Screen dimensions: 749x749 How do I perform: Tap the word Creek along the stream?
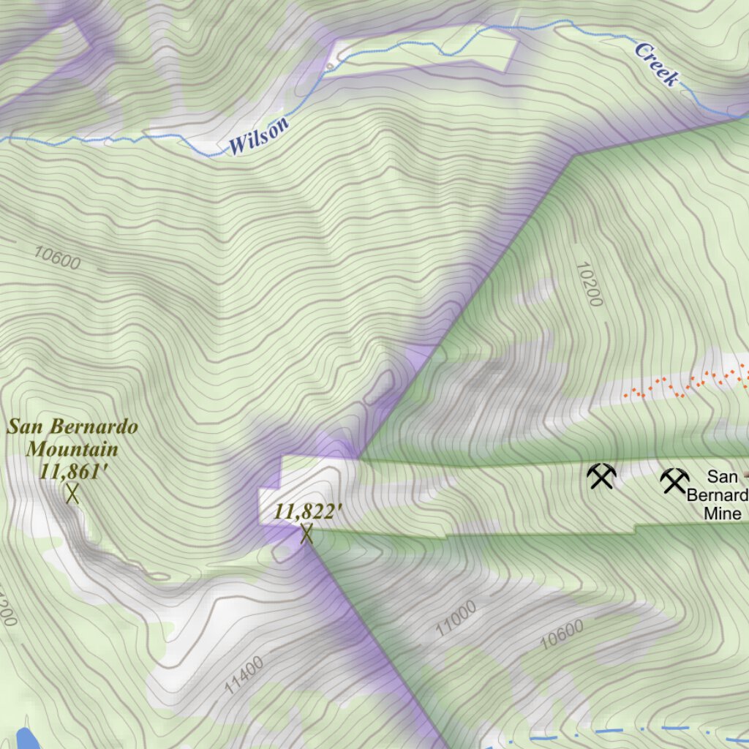coord(656,64)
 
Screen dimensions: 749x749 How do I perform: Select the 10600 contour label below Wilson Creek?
coord(57,257)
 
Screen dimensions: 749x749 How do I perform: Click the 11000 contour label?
coord(456,617)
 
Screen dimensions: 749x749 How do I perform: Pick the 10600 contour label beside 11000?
coord(562,634)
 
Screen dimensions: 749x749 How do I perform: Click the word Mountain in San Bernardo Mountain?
coord(72,448)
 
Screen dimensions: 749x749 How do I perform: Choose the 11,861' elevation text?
coord(75,471)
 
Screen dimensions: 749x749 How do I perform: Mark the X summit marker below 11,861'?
coord(72,494)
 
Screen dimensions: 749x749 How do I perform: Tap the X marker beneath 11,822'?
coord(306,534)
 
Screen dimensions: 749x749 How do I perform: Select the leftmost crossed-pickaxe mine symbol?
coord(601,477)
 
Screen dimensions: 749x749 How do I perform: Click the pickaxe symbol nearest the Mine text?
coord(674,481)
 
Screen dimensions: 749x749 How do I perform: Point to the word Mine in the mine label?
coord(723,513)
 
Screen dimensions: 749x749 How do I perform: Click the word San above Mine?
coord(722,478)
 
